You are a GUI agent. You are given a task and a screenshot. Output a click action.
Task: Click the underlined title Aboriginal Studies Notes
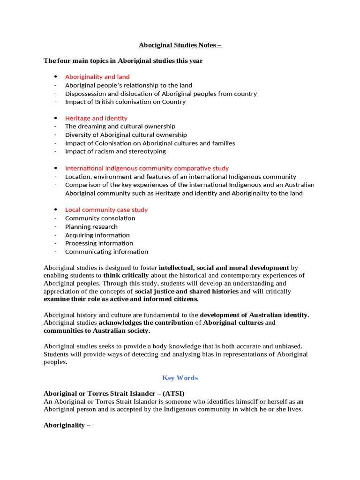point(180,45)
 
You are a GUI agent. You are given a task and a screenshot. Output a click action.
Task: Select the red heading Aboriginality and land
point(97,77)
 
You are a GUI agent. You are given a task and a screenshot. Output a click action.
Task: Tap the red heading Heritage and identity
point(96,119)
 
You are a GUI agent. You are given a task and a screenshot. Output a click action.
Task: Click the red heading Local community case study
point(106,210)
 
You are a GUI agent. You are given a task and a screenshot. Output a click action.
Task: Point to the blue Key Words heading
point(180,378)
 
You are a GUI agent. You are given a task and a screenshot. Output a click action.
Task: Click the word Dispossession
point(85,94)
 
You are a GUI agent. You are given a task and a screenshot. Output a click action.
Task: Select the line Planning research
point(91,227)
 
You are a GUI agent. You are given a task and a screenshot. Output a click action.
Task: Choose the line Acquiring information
point(97,235)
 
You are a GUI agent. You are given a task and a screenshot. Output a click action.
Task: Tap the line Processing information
point(99,243)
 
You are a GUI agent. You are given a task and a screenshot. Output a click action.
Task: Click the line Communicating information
point(106,252)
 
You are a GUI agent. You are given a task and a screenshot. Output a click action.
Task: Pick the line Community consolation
point(100,218)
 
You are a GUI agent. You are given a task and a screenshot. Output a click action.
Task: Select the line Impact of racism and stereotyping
point(115,151)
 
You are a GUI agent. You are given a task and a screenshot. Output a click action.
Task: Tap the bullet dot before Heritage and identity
point(55,118)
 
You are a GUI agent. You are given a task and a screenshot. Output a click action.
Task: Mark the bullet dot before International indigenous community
point(55,168)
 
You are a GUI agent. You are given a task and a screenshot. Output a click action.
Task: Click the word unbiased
point(295,345)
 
